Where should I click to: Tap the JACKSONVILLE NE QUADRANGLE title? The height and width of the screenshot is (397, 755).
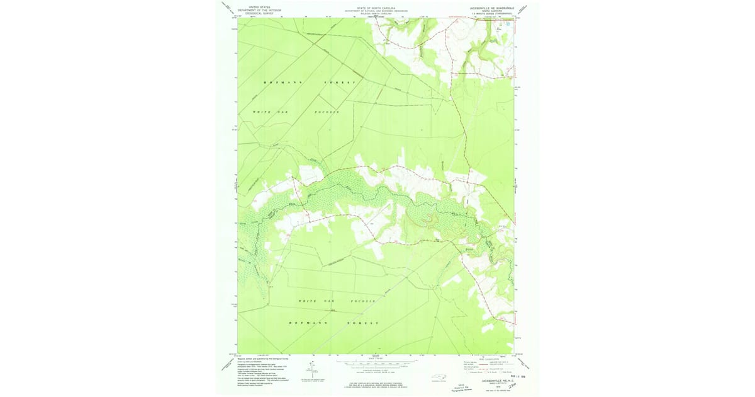click(x=491, y=6)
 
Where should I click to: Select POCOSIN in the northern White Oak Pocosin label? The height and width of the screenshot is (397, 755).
click(x=327, y=112)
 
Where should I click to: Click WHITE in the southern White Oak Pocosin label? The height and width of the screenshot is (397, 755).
click(x=308, y=301)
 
